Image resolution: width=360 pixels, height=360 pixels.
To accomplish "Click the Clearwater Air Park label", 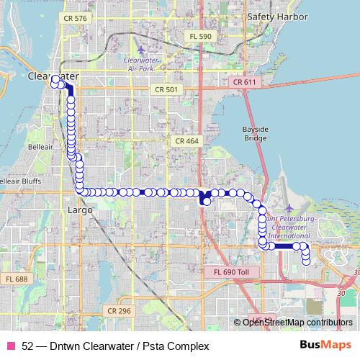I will [140, 64].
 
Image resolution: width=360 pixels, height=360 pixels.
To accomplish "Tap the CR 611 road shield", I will [244, 83].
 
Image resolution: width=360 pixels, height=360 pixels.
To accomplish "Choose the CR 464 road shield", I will [186, 141].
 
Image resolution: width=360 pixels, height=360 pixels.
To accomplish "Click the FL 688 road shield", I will [15, 279].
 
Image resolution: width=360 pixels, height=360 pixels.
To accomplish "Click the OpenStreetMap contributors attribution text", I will [292, 323].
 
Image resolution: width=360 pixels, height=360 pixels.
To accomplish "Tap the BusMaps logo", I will [325, 346].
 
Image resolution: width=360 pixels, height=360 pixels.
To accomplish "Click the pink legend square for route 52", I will [10, 346].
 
